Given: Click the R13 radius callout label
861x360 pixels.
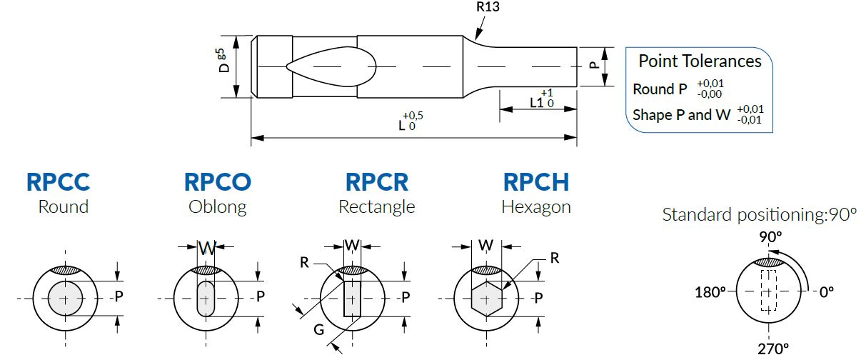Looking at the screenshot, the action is point(488,6).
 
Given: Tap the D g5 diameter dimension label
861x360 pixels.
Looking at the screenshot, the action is point(222,61).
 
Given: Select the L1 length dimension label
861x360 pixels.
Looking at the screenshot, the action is point(536,103).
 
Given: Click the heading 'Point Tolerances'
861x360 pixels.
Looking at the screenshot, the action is point(700,61).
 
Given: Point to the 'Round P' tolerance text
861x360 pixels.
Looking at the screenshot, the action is point(660,89).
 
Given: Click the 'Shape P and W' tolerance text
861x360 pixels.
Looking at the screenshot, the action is point(681,114).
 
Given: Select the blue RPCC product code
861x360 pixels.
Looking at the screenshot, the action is point(58,182).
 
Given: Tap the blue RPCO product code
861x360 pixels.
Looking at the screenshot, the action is point(218,182).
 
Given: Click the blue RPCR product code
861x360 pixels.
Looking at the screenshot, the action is point(377,182).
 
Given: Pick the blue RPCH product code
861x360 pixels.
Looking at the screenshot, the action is point(536,182).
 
